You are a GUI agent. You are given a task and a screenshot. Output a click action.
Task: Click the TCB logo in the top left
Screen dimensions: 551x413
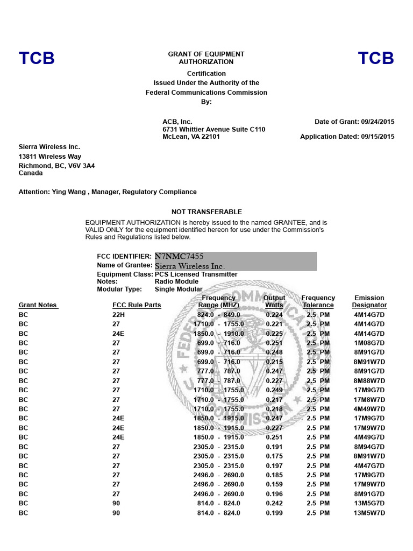tap(37, 58)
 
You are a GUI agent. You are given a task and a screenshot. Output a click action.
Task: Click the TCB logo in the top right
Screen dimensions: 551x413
tap(376, 58)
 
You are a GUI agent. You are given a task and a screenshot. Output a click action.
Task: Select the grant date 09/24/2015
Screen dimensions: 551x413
tap(376, 122)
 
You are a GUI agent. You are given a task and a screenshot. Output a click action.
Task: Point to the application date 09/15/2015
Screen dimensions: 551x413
tap(376, 137)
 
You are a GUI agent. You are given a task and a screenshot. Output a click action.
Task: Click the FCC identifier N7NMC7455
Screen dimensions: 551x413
tap(180, 257)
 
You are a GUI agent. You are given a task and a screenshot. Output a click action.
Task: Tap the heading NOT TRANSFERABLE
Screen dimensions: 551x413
tap(206, 212)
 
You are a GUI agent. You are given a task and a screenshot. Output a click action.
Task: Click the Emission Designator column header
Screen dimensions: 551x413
tap(369, 301)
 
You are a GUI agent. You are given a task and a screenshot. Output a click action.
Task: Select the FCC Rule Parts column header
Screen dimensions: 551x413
tap(137, 305)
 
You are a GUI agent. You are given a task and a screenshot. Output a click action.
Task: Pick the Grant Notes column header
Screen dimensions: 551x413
tap(38, 305)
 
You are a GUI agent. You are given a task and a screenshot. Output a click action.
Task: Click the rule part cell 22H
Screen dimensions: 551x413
tap(118, 315)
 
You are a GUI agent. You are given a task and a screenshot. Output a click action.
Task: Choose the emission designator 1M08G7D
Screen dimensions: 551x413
tap(369, 343)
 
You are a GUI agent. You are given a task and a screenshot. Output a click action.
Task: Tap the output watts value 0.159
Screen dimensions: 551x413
tap(274, 484)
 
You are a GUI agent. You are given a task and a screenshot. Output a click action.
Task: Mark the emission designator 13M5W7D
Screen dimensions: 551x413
tap(369, 513)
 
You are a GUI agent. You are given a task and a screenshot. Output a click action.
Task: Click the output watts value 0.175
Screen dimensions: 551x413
tap(274, 456)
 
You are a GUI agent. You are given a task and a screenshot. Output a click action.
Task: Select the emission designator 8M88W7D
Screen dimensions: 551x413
tap(369, 380)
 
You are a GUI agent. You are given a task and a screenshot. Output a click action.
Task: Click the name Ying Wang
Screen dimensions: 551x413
tap(67, 192)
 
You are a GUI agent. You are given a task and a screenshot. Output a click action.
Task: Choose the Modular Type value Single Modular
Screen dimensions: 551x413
tap(179, 289)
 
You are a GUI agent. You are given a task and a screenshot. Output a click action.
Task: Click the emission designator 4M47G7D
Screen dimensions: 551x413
tap(369, 465)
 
